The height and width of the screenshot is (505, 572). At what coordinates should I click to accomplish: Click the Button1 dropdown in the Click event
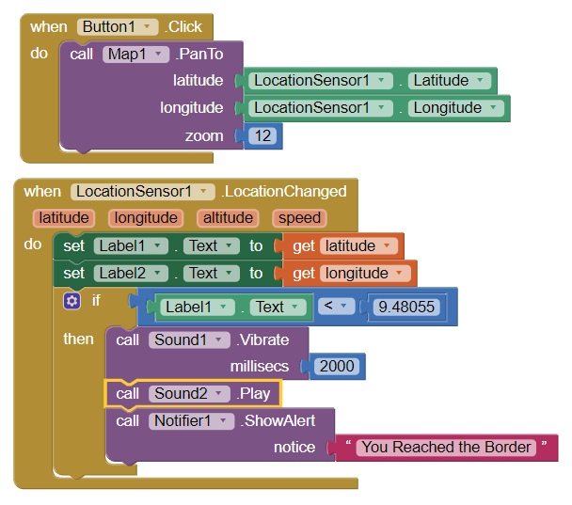[x=118, y=27]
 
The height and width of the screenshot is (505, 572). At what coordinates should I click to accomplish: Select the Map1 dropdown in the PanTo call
[x=135, y=55]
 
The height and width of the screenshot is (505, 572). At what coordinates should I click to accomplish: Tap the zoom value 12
[x=262, y=136]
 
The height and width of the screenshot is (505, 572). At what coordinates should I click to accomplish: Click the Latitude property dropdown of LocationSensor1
[x=450, y=81]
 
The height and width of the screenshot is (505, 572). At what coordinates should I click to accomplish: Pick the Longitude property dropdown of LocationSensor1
[x=456, y=108]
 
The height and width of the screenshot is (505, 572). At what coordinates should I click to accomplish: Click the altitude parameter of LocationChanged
[x=228, y=218]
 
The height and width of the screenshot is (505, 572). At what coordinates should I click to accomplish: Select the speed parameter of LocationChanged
[x=299, y=218]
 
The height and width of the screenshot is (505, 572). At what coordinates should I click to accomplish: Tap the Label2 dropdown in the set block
[x=131, y=274]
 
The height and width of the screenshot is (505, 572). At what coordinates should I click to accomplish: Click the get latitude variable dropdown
[x=358, y=246]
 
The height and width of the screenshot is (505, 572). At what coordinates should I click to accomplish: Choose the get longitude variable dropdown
[x=365, y=274]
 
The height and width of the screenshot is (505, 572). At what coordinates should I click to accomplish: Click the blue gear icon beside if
[x=71, y=301]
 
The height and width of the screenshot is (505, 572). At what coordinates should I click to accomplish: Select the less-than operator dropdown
[x=336, y=307]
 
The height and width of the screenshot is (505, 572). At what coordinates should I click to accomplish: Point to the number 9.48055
[x=406, y=307]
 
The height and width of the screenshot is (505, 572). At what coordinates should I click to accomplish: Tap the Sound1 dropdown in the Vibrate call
[x=189, y=340]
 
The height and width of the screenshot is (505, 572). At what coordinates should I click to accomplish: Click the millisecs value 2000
[x=337, y=367]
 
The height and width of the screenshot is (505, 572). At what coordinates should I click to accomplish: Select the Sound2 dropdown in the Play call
[x=189, y=394]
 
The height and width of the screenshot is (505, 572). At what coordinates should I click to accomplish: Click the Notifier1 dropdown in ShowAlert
[x=192, y=421]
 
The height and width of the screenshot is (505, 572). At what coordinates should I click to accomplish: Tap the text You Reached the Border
[x=446, y=448]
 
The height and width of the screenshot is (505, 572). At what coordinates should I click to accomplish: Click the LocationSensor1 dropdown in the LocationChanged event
[x=143, y=192]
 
